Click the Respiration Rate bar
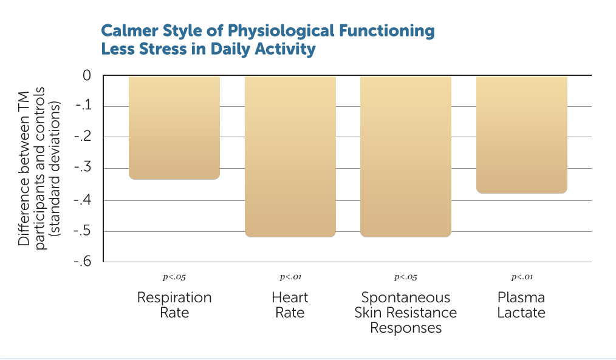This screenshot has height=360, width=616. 174,127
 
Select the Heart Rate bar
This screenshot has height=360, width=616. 290,156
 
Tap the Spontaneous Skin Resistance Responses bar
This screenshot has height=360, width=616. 406,156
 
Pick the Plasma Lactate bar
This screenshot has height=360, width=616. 521,134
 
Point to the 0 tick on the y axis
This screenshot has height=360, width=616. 86,76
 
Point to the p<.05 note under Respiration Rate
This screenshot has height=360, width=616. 174,277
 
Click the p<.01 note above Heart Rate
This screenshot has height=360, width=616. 290,277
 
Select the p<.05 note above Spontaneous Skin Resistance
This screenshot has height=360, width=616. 406,277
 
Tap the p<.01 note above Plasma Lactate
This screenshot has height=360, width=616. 522,277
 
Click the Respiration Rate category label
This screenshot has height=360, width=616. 174,305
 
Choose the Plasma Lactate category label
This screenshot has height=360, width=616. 521,305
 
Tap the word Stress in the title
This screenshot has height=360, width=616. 160,49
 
